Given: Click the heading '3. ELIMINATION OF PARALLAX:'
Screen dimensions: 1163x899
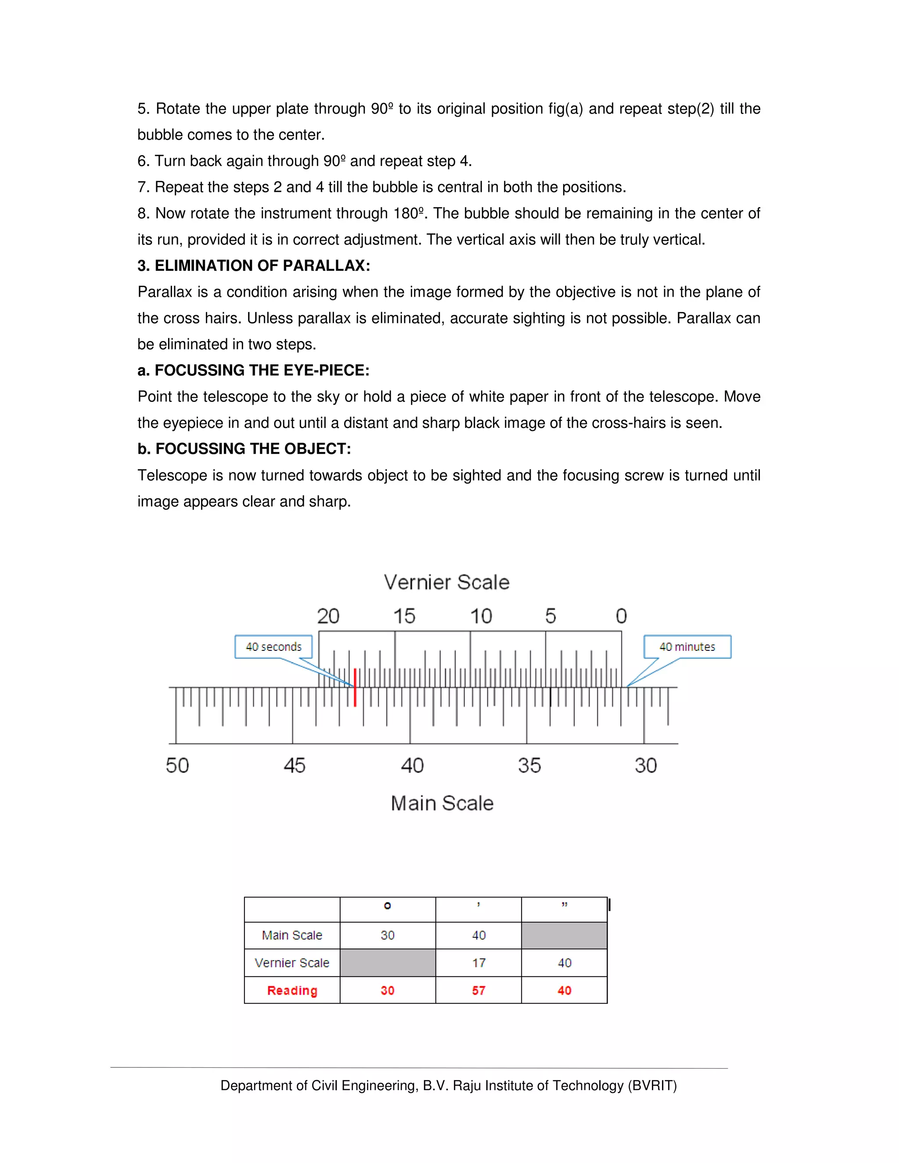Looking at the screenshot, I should tap(254, 266).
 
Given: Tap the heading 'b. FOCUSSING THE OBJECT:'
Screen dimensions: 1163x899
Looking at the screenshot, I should tap(244, 449).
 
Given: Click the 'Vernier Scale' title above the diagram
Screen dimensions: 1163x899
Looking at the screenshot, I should tap(446, 582).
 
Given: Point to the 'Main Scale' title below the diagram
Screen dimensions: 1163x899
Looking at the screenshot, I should tap(442, 803).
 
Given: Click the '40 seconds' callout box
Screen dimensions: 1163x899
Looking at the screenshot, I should tap(274, 646).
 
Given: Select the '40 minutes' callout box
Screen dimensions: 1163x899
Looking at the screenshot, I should tap(687, 646).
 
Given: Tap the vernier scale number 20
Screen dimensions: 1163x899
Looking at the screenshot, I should tap(328, 616).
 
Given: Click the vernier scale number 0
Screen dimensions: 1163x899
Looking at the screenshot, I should tap(621, 616).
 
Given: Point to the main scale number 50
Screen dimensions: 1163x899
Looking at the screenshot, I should tap(177, 765).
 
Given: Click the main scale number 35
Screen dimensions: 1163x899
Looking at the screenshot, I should tap(529, 765).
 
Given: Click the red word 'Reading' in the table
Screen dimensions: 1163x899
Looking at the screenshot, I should tap(292, 991).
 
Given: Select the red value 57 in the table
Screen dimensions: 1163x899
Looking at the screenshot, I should tap(478, 991).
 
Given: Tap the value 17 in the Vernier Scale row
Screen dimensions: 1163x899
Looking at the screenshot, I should tap(478, 963).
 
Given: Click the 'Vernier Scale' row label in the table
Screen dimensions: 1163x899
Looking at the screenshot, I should tap(292, 963).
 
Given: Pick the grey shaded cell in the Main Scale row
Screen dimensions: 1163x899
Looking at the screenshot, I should tap(564, 936).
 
